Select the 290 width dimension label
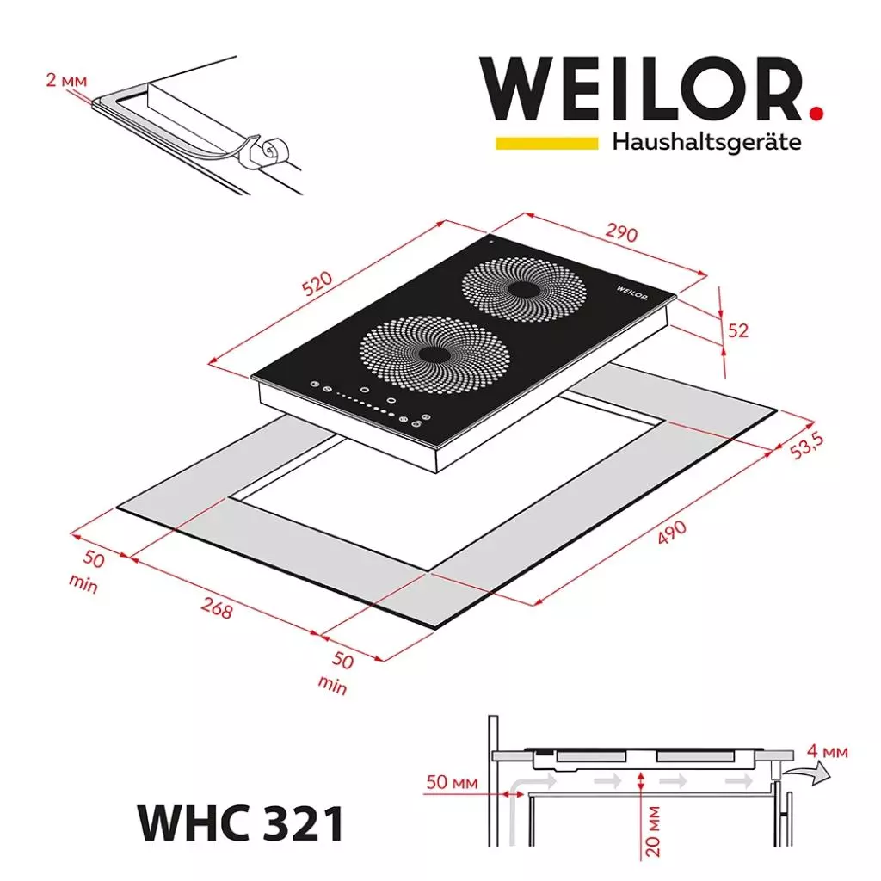pyautogui.click(x=621, y=234)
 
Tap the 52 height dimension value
pyautogui.click(x=737, y=330)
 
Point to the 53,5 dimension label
pyautogui.click(x=807, y=448)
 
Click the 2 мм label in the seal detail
pyautogui.click(x=65, y=81)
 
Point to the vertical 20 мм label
pyautogui.click(x=654, y=830)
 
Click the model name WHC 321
pyautogui.click(x=241, y=822)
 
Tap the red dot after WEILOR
pyautogui.click(x=816, y=112)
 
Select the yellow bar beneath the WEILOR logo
pyautogui.click(x=546, y=142)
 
